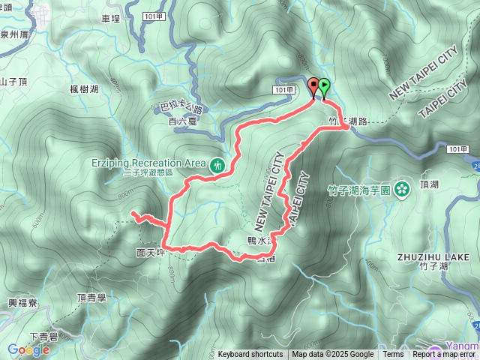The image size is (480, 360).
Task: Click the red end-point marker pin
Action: (313, 86)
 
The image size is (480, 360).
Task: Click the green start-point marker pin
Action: (324, 86)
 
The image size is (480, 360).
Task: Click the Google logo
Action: (28, 349)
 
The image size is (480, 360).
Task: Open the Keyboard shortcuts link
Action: (250, 355)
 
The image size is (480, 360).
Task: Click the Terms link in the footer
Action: (393, 355)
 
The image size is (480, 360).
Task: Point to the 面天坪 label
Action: (151, 253)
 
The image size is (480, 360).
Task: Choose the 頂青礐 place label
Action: (92, 298)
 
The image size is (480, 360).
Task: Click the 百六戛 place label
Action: (181, 120)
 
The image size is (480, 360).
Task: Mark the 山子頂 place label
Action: (13, 82)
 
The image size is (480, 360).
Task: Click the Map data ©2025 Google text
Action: (332, 355)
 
